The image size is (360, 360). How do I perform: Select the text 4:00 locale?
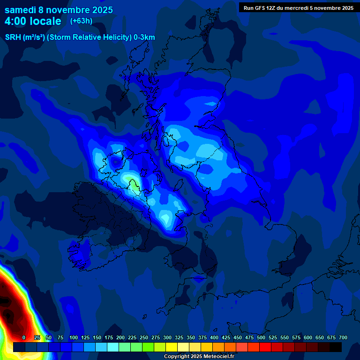pyautogui.click(x=33, y=21)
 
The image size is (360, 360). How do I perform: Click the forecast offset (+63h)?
pyautogui.click(x=81, y=21)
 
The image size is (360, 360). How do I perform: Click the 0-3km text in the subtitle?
pyautogui.click(x=144, y=37)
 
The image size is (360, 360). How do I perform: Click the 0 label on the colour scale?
pyautogui.click(x=24, y=337)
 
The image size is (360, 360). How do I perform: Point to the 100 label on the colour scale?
pyautogui.click(x=74, y=337)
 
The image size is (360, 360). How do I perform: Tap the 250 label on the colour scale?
pyautogui.click(x=144, y=337)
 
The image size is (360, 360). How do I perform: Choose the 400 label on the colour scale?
pyautogui.click(x=214, y=337)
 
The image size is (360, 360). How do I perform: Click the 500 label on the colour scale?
pyautogui.click(x=261, y=337)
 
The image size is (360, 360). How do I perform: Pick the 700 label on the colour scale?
pyautogui.click(x=343, y=337)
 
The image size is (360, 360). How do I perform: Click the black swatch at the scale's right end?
pyautogui.click(x=336, y=347)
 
